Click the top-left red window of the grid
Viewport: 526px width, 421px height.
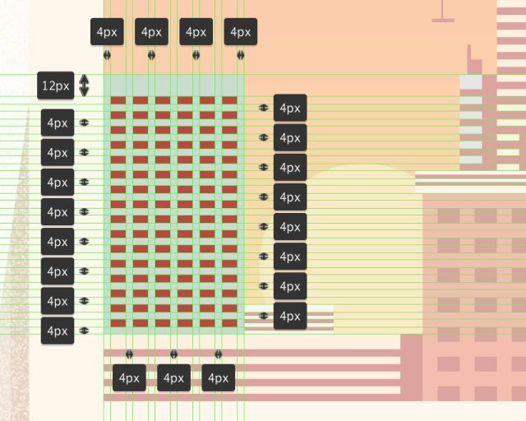(x=118, y=100)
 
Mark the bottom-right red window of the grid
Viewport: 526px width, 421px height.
(x=229, y=323)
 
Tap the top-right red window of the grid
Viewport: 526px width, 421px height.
(x=229, y=100)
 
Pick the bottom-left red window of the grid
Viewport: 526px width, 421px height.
(x=118, y=323)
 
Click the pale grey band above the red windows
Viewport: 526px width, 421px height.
(x=173, y=85)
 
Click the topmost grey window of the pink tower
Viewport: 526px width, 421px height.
(x=471, y=82)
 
